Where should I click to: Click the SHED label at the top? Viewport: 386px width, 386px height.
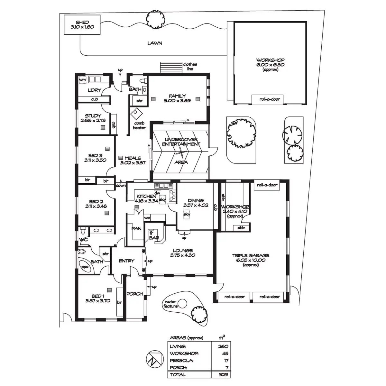(82, 23)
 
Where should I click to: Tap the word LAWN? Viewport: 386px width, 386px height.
(155, 43)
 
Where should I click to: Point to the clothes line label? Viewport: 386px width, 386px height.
(190, 67)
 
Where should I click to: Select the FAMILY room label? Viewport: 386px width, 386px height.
(177, 96)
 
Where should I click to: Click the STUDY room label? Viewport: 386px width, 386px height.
(93, 116)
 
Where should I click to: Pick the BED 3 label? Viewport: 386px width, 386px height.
(95, 156)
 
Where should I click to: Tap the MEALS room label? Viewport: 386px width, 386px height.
(133, 158)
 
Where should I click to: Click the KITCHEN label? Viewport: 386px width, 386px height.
(146, 196)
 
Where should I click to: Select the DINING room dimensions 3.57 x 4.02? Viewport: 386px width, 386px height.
(196, 205)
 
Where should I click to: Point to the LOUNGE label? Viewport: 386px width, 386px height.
(183, 251)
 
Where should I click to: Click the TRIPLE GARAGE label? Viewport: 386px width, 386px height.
(251, 256)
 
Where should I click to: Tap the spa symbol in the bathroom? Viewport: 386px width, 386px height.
(85, 267)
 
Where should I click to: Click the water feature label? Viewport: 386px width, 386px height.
(170, 304)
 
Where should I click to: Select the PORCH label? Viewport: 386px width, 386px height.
(134, 294)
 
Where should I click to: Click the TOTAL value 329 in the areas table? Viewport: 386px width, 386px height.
(223, 375)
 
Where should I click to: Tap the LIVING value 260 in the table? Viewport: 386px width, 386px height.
(223, 346)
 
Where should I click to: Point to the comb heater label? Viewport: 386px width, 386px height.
(139, 125)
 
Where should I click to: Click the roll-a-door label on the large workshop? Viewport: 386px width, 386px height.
(270, 99)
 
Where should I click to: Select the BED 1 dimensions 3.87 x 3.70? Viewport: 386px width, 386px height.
(98, 301)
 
